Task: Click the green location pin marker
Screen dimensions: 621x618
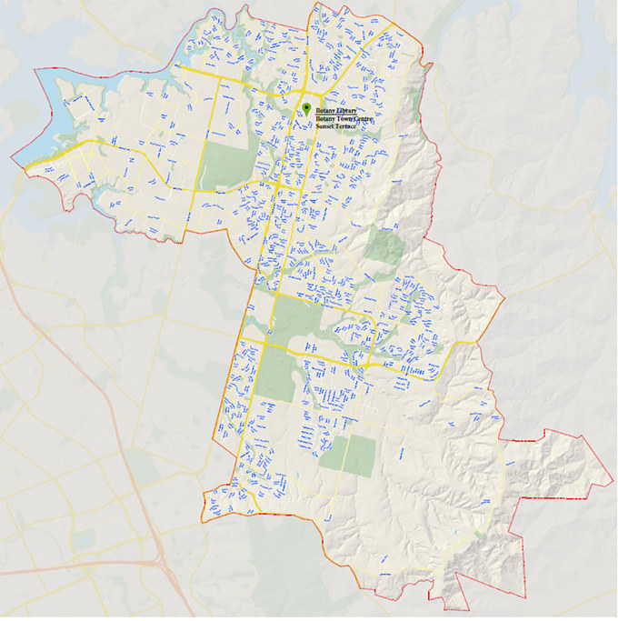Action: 306,107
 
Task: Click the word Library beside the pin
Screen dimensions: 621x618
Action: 346,110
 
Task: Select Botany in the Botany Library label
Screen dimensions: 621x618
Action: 325,110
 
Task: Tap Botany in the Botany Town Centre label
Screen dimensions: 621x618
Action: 325,118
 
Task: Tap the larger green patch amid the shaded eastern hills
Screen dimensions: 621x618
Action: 384,243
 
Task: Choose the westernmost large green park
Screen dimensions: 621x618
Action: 219,164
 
